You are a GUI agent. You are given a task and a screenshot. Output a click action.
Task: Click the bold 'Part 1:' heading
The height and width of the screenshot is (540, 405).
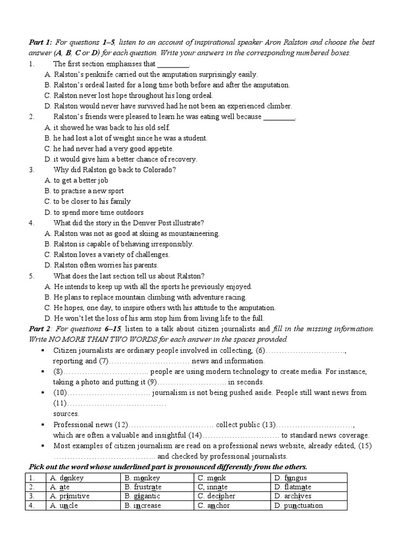pyautogui.click(x=40, y=42)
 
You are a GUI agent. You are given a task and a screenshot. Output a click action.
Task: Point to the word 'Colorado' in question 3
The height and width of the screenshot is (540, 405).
pyautogui.click(x=156, y=170)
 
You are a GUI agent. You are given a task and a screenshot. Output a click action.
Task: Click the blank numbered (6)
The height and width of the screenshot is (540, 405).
pyautogui.click(x=301, y=350)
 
